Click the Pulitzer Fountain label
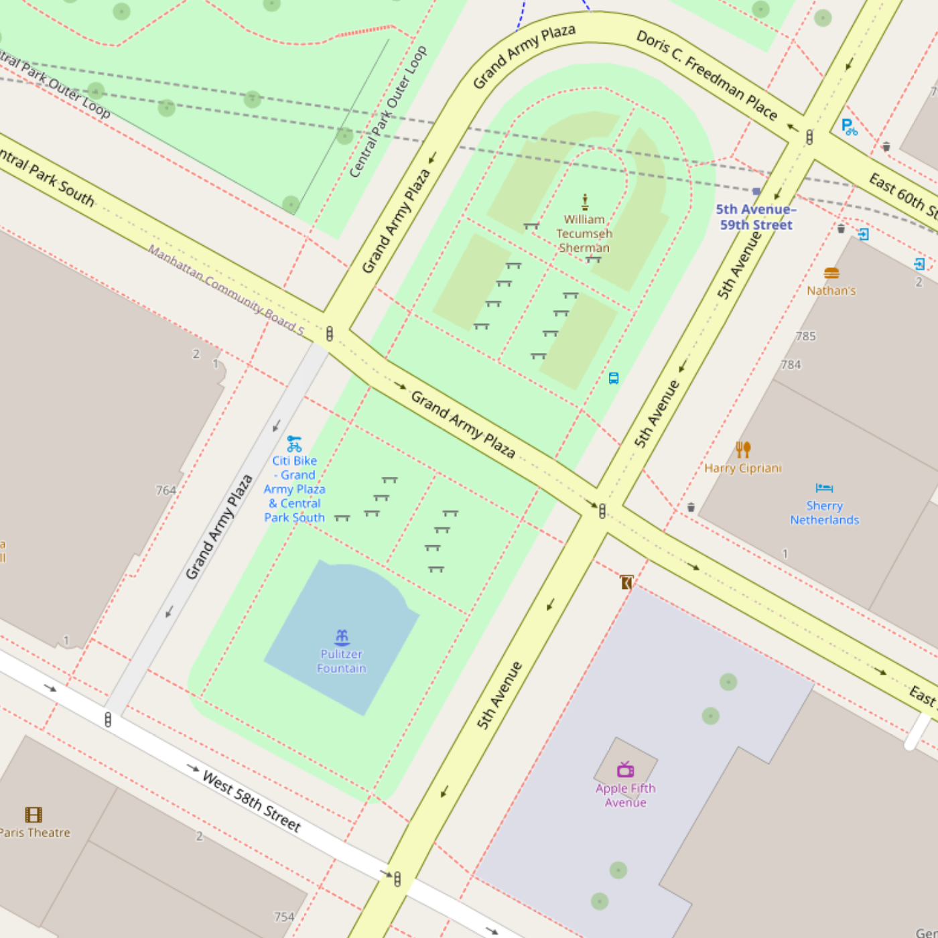342,661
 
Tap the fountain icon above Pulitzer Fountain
342,636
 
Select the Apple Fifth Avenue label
625,795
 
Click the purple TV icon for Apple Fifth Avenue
625,769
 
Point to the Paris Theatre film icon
33,814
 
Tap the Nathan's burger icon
831,273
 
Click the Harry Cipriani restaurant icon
743,449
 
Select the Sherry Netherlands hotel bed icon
824,488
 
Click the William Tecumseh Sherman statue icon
584,202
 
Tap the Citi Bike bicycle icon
294,444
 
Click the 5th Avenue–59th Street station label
756,217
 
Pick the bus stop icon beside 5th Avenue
613,378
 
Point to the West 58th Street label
252,801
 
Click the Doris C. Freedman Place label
707,76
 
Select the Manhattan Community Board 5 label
226,289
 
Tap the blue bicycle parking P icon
849,127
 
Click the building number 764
165,490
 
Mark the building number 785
805,336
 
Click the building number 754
284,916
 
